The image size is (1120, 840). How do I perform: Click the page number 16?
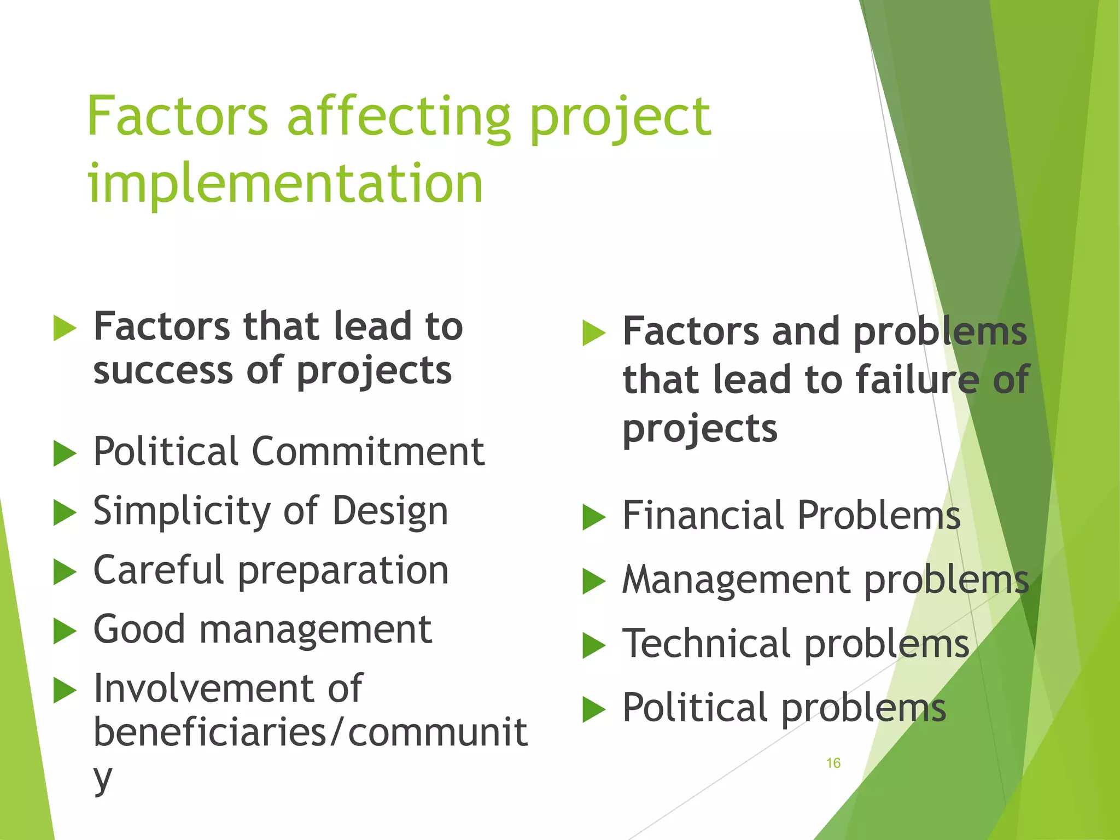click(833, 763)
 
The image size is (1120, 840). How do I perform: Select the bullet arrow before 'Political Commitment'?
click(65, 453)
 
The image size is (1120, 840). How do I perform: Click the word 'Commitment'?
click(368, 452)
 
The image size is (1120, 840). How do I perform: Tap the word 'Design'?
click(390, 512)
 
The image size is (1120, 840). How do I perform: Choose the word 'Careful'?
click(159, 570)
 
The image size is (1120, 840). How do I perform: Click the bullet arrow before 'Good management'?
click(65, 631)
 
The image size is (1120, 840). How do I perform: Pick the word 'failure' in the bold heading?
click(917, 380)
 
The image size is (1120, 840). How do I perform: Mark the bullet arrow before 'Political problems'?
click(594, 709)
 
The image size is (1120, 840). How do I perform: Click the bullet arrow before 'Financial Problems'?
click(594, 517)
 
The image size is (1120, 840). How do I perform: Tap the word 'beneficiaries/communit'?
click(310, 733)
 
